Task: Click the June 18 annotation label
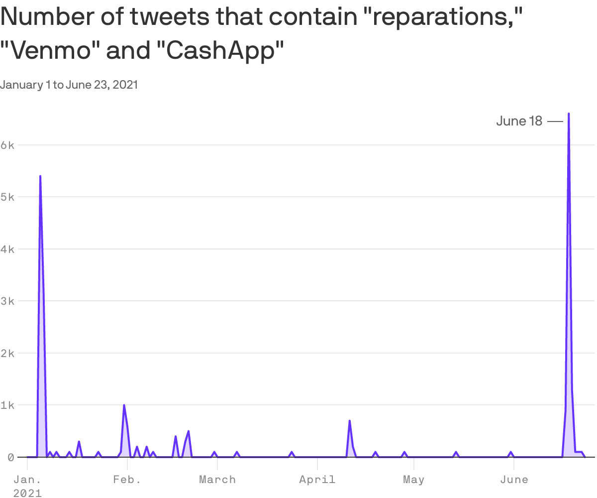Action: click(x=519, y=121)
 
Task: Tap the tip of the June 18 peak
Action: click(x=569, y=114)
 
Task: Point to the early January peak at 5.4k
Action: click(x=40, y=176)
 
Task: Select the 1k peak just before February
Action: click(x=124, y=405)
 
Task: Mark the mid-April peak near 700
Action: click(x=350, y=421)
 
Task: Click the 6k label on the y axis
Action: click(x=9, y=145)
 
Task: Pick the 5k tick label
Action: click(x=9, y=197)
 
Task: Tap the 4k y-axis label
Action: click(x=9, y=249)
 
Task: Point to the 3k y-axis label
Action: click(x=9, y=301)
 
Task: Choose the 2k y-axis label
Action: click(x=9, y=353)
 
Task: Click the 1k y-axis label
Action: click(x=9, y=405)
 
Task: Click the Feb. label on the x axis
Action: click(x=127, y=480)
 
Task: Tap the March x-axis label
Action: click(x=217, y=480)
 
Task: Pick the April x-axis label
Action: click(x=317, y=480)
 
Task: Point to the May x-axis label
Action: click(x=413, y=480)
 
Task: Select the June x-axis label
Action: click(x=514, y=480)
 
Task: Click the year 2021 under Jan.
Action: click(x=27, y=493)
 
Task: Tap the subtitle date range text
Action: click(x=69, y=85)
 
